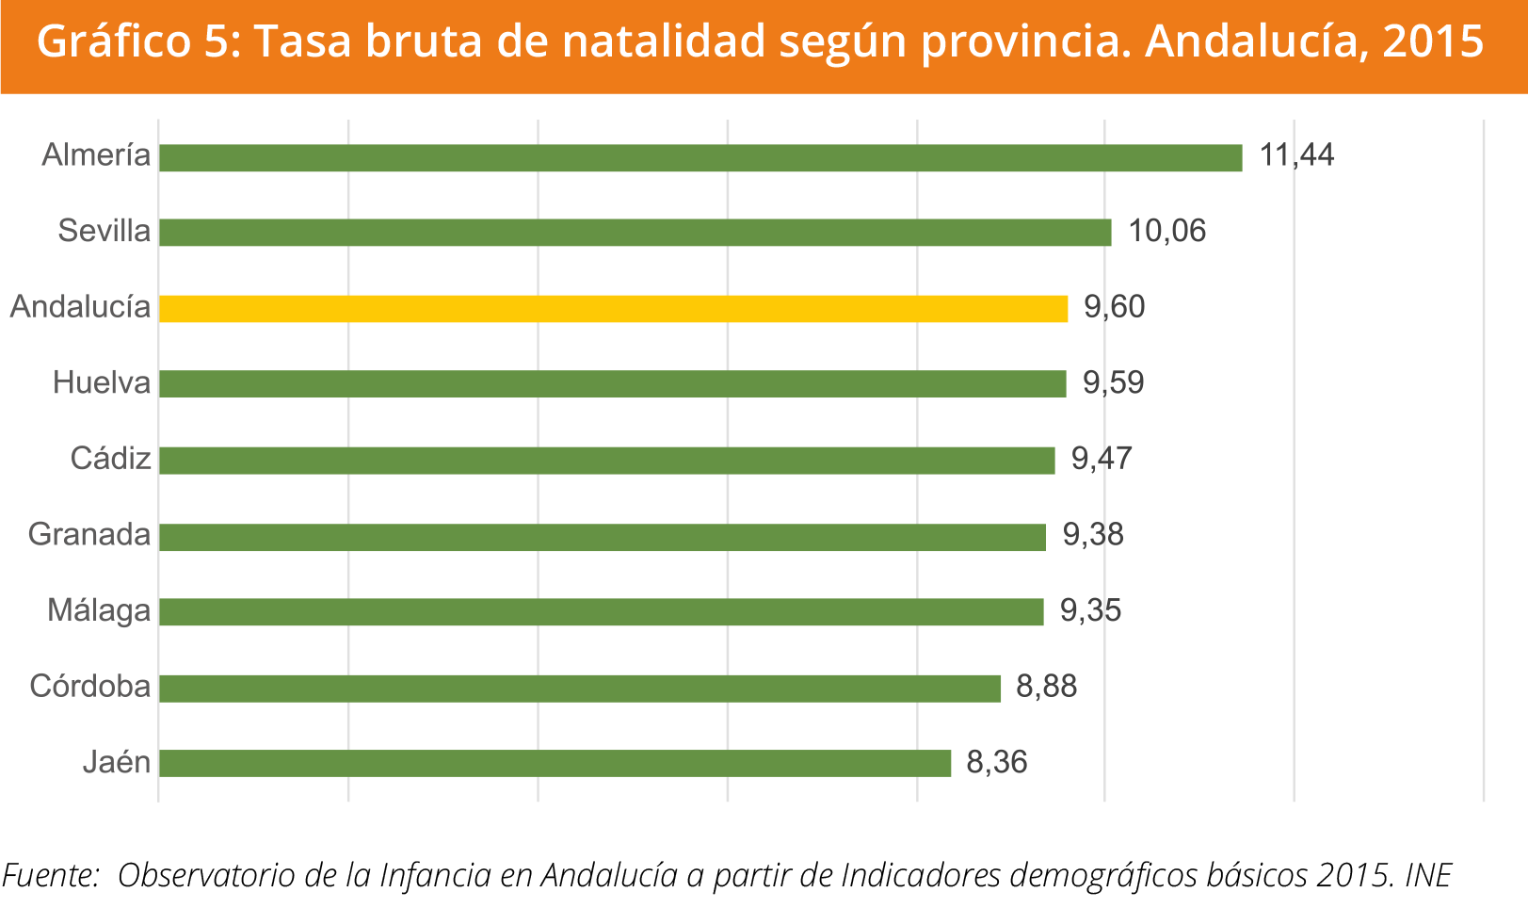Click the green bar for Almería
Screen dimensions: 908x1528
click(x=700, y=157)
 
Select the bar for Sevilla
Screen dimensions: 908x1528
click(x=635, y=233)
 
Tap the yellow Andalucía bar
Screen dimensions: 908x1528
click(x=614, y=309)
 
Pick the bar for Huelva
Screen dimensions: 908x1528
click(x=613, y=384)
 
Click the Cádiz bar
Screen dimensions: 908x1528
click(x=607, y=461)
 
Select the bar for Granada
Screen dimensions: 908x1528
click(x=603, y=537)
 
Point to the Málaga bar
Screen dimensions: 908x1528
click(x=602, y=612)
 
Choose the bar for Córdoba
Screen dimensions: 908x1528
click(x=580, y=689)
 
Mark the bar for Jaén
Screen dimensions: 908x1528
click(x=555, y=763)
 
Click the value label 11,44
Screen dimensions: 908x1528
click(x=1296, y=155)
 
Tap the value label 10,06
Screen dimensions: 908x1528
click(x=1166, y=232)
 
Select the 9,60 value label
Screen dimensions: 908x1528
click(x=1115, y=308)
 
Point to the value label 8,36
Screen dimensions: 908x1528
click(x=997, y=762)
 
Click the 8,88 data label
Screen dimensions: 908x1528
click(x=1046, y=687)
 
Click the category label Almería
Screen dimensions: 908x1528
click(x=96, y=155)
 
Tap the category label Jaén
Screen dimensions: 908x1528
click(x=117, y=762)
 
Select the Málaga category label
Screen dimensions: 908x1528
click(x=99, y=611)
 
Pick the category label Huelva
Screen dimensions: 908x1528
click(x=102, y=383)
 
